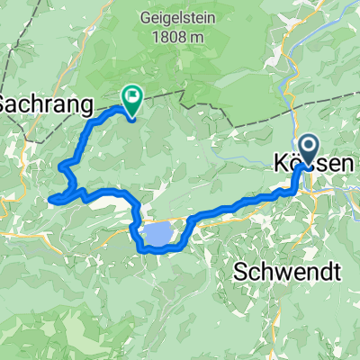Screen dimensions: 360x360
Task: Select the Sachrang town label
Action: coord(46,103)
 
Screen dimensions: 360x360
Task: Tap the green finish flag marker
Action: coord(131,97)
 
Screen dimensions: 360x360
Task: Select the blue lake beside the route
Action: coord(157,235)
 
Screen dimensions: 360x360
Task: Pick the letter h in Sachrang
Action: coord(41,103)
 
